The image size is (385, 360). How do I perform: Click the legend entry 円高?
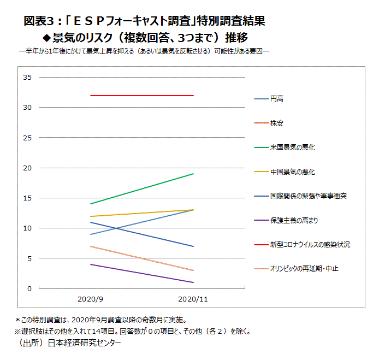tap(277, 99)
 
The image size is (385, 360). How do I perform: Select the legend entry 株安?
tap(277, 123)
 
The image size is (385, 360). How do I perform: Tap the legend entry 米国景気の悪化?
tap(292, 147)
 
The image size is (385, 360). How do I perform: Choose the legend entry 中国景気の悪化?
tap(292, 172)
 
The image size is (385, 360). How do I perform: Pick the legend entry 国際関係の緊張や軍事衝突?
tap(308, 196)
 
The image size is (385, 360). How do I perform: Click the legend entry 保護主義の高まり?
tap(294, 220)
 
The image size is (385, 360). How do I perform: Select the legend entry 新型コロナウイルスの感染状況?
tap(310, 245)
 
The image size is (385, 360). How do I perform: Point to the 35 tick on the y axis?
tap(28, 78)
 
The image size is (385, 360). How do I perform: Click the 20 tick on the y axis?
tap(28, 168)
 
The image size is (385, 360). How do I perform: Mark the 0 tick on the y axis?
tap(30, 288)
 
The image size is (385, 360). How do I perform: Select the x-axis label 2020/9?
tap(90, 299)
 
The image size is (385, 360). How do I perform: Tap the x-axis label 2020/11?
tap(193, 299)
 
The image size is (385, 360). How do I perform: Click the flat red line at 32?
tap(142, 96)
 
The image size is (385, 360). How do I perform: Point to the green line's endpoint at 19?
tap(193, 174)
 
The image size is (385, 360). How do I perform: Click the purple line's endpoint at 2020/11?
tap(193, 282)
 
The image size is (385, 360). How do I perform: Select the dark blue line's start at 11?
tap(91, 222)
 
